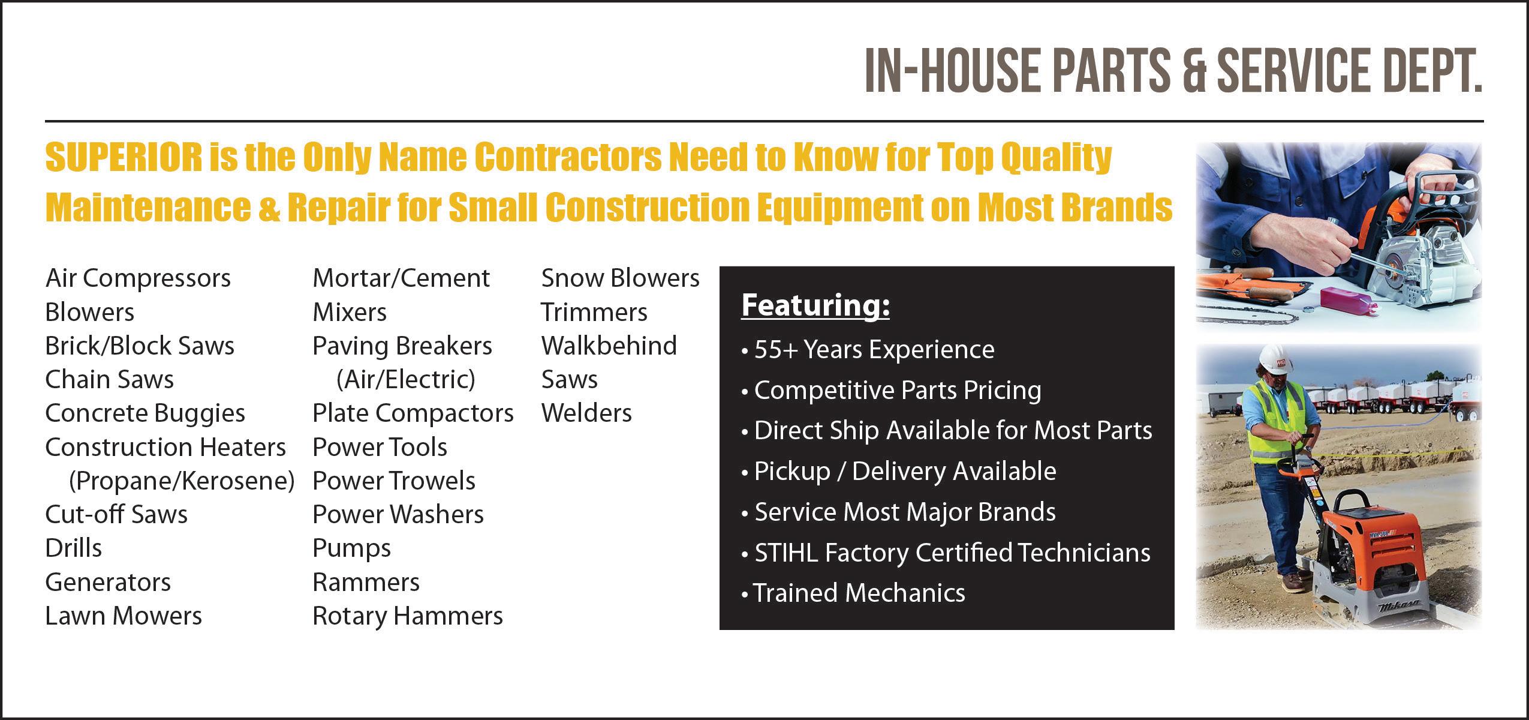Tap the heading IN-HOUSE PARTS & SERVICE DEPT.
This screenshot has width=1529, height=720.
[1173, 71]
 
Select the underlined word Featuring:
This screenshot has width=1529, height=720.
[815, 306]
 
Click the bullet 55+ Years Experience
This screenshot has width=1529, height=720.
[868, 349]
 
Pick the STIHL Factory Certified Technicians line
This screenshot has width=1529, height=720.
[946, 553]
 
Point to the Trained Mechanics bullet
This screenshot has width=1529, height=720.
[853, 593]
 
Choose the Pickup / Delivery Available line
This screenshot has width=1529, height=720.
[899, 472]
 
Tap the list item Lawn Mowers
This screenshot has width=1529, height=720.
[124, 616]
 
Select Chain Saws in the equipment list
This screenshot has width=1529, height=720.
[110, 380]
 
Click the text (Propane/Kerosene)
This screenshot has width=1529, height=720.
[182, 481]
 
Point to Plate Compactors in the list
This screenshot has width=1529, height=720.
[413, 413]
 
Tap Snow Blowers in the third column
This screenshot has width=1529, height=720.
[621, 278]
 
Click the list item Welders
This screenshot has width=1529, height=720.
[586, 413]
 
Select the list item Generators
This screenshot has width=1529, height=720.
[108, 583]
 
